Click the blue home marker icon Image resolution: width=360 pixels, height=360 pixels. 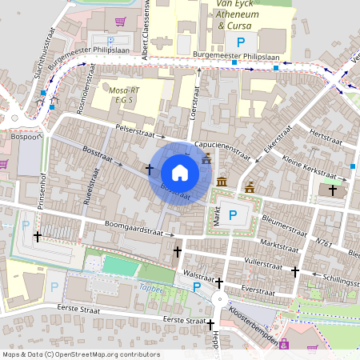(x=180, y=172)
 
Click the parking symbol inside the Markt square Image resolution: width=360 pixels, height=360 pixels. (x=232, y=214)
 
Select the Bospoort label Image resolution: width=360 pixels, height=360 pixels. (x=26, y=138)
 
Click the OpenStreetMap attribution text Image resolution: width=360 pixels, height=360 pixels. (x=80, y=354)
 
